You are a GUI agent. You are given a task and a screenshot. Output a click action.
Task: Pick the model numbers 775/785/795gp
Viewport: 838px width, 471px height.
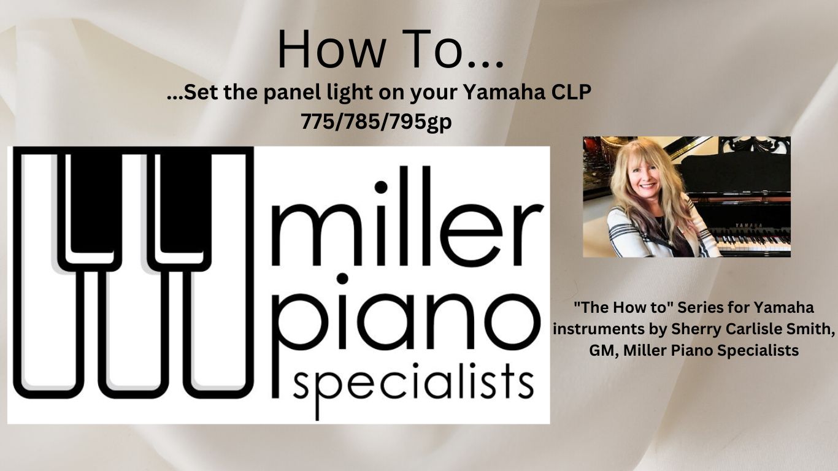(375, 121)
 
